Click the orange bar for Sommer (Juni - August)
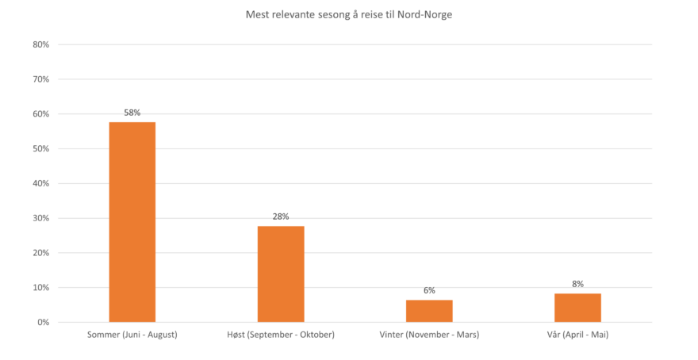(132, 221)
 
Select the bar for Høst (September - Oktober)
(281, 274)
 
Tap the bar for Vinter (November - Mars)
(429, 311)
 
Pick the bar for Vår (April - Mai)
(577, 307)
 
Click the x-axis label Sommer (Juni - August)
(132, 335)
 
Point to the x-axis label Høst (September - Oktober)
(281, 335)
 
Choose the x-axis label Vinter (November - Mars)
(429, 335)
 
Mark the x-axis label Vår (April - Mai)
(577, 335)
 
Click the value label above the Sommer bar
(132, 113)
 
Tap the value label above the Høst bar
(281, 216)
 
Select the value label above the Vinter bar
(429, 291)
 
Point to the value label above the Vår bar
(577, 284)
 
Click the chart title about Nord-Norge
(349, 14)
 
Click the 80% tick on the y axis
(41, 45)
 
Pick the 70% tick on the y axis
(41, 79)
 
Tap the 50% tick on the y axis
(41, 149)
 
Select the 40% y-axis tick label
(41, 183)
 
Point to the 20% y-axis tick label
(41, 253)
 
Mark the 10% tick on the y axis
(41, 288)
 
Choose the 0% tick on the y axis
(44, 322)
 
